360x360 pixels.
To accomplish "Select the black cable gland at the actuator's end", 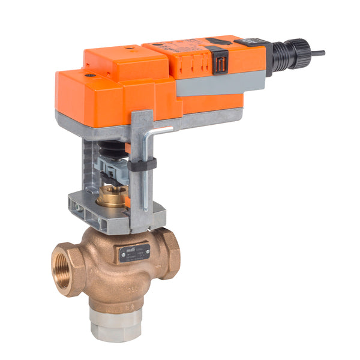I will point(296,52).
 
